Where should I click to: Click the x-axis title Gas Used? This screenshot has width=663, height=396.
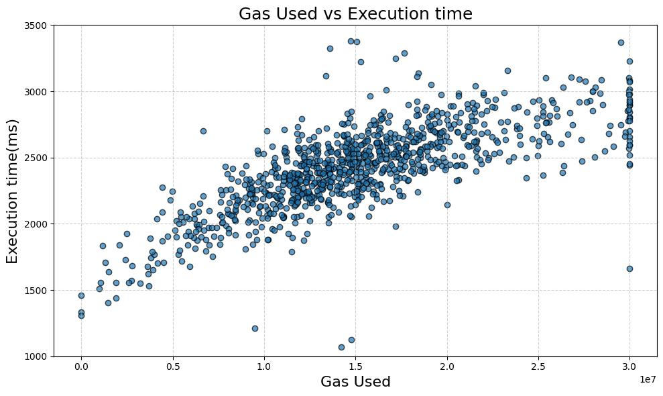(x=355, y=381)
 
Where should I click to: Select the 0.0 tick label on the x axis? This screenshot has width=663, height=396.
(x=81, y=368)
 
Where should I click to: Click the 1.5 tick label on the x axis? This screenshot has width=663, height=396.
(x=355, y=368)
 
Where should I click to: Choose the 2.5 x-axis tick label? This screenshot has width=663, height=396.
(x=538, y=368)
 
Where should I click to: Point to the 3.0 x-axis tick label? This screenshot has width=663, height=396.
(x=629, y=368)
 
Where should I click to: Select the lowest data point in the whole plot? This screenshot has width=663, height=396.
(x=341, y=347)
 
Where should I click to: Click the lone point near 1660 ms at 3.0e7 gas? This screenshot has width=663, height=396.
(x=629, y=268)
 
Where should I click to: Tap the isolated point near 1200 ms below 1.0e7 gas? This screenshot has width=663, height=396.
(x=255, y=328)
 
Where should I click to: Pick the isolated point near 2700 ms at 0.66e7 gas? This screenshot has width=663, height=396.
(x=203, y=131)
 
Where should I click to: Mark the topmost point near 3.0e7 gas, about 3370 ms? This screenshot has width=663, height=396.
(x=621, y=42)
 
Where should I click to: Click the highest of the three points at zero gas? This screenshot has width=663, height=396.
(x=81, y=295)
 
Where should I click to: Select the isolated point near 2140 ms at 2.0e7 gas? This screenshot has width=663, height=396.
(x=447, y=205)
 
